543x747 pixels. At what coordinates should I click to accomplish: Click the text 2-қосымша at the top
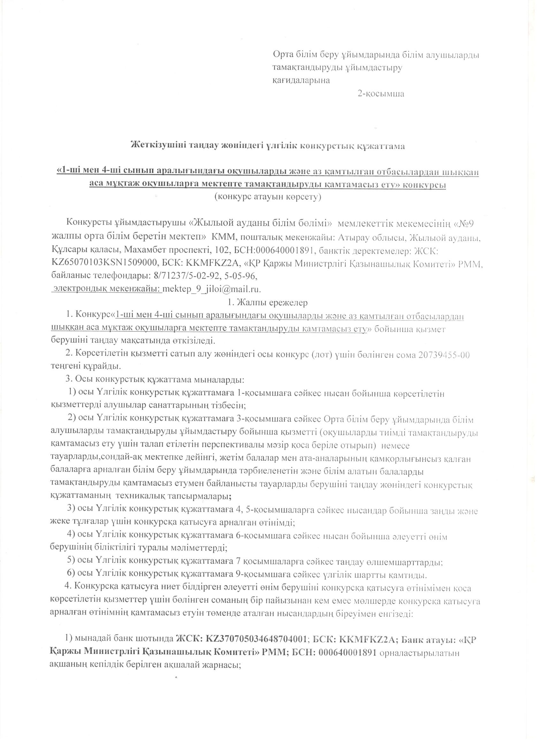click(381, 94)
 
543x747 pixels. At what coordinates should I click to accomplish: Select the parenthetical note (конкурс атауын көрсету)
click(267, 197)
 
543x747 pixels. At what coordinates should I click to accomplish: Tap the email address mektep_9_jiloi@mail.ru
click(211, 289)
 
